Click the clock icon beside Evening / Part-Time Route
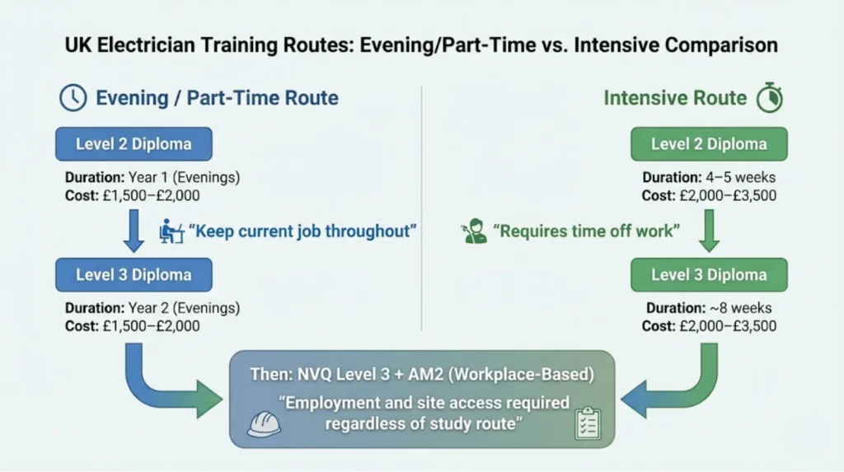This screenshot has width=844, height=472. (73, 98)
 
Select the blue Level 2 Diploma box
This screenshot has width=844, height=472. (134, 143)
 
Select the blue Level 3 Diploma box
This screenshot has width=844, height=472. (134, 274)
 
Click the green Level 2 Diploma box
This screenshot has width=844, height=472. (709, 143)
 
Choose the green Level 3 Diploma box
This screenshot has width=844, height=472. (709, 274)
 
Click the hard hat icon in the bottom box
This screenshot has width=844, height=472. (264, 423)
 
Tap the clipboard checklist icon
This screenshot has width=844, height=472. (588, 423)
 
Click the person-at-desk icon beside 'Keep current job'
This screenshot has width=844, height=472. (171, 231)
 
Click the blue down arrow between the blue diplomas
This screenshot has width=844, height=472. (134, 230)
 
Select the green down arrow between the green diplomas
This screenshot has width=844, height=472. (708, 230)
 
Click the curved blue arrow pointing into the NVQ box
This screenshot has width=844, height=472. (165, 387)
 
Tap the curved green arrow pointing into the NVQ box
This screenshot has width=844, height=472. (676, 387)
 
